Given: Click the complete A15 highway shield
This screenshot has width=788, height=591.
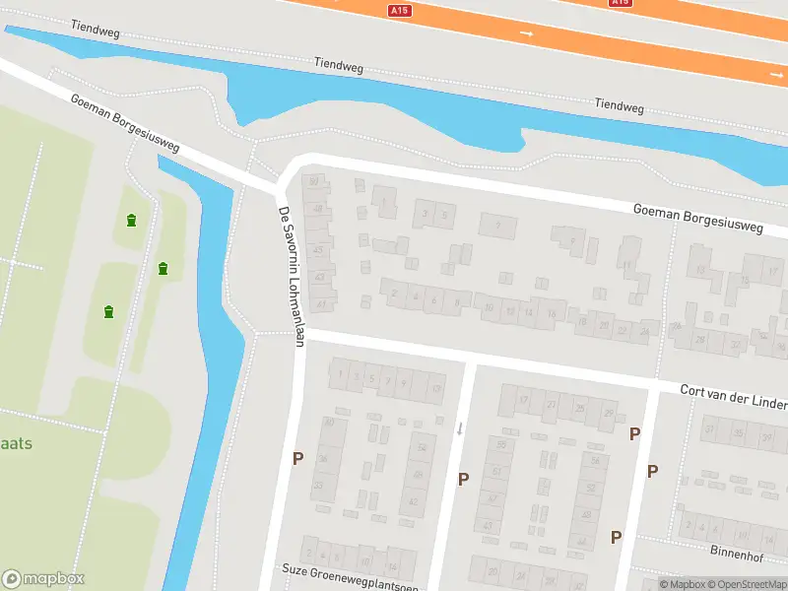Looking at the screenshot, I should (399, 10).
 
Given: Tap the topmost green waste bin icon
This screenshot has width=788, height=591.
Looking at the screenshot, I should (131, 220).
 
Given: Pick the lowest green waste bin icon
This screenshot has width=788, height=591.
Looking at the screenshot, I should (108, 312).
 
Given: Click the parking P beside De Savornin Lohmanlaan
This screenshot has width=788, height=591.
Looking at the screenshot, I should (296, 458).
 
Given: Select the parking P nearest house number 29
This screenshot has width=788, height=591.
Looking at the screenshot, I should (635, 433).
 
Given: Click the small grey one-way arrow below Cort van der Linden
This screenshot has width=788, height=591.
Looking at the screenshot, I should (459, 427).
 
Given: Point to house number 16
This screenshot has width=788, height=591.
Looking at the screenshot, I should (552, 315).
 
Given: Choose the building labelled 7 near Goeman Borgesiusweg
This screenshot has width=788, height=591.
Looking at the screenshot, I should (498, 226).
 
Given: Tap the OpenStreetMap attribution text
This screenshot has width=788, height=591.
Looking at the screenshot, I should (746, 584).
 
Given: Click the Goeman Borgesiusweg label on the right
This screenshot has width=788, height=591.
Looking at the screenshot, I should (698, 218).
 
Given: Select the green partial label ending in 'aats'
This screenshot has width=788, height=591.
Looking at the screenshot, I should (16, 443).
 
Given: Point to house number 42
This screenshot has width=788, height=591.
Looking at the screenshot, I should (413, 502).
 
